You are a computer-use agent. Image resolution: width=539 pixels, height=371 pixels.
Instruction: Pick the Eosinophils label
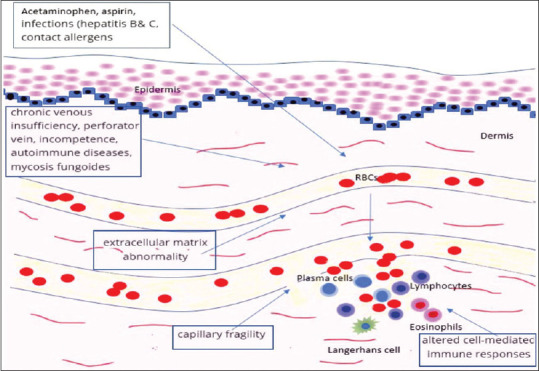point(433,325)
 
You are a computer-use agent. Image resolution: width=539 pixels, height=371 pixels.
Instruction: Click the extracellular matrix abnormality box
point(154,247)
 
